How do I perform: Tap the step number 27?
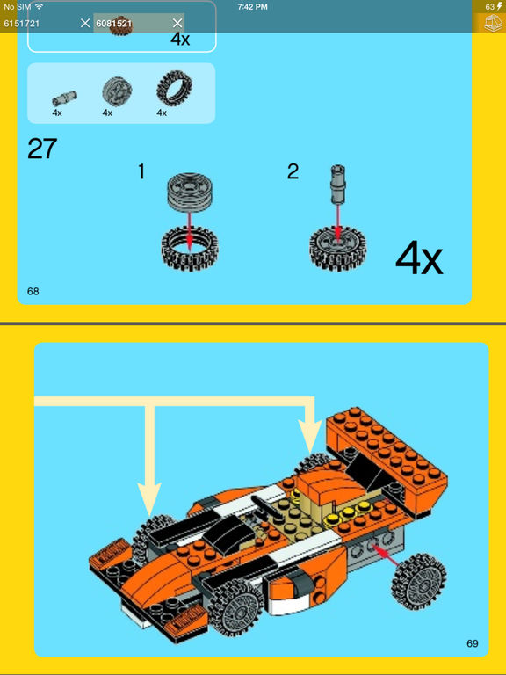[42, 149]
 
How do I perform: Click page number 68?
[33, 292]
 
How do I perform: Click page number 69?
[472, 643]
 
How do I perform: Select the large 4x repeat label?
[419, 259]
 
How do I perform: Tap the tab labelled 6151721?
[21, 23]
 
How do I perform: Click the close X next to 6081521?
[177, 23]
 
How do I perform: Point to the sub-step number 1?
[141, 172]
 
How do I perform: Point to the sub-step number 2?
[293, 172]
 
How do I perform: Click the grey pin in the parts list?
[64, 98]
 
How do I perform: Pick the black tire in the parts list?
[174, 88]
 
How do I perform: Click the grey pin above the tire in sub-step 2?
[337, 185]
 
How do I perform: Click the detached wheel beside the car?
[419, 582]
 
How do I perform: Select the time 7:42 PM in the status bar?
[252, 7]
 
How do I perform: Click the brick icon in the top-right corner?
[493, 23]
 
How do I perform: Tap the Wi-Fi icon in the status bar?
[40, 6]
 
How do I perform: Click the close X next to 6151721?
[84, 23]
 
